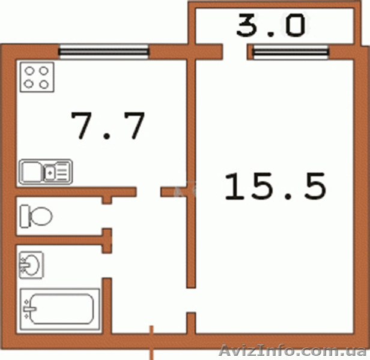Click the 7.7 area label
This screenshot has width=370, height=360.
pos(108,125)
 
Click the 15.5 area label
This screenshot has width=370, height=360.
pos(275,186)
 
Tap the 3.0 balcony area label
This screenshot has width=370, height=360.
pos(271,25)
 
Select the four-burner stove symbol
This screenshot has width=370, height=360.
pos(37,77)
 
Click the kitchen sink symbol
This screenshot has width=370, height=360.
pos(46,172)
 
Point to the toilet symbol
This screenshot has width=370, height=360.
pos(36,216)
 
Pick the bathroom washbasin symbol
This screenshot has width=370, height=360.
pos(31,265)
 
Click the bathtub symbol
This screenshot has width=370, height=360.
pos(60,309)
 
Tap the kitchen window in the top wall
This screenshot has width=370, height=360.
pos(104,52)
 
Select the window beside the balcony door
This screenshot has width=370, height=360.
pos(290,52)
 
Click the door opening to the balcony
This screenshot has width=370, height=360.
pos(235,52)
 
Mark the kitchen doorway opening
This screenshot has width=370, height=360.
pos(148,192)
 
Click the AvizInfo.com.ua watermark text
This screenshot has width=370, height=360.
pos(293,351)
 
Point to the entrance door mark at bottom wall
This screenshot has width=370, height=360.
pos(151,343)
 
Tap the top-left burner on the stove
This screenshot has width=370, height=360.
pos(30,70)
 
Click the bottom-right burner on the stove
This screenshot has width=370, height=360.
pos(44,84)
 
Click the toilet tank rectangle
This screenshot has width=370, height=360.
pos(25,216)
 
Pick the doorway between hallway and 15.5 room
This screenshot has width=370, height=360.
pos(191,300)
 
